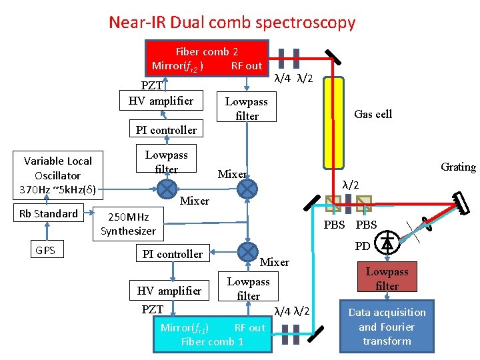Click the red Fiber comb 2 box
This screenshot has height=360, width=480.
tap(207, 58)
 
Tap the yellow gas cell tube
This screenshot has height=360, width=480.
tap(332, 123)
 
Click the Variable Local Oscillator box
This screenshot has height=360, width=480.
tap(57, 175)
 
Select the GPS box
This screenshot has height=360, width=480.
tap(46, 251)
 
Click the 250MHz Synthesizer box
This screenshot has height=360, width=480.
tap(128, 224)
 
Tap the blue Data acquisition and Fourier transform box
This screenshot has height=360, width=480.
tap(387, 327)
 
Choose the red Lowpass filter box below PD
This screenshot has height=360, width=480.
tap(387, 279)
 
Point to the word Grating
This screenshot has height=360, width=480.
tap(458, 167)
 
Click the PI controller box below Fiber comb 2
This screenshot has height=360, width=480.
tap(166, 130)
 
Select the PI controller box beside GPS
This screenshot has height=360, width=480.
tap(172, 254)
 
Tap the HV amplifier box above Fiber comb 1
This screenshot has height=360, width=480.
tap(169, 291)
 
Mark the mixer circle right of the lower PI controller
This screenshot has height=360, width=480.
tap(247, 252)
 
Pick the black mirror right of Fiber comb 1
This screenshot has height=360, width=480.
tap(318, 331)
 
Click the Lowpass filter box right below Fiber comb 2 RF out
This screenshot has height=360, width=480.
tap(247, 109)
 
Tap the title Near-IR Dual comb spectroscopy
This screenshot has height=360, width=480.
tap(232, 23)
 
